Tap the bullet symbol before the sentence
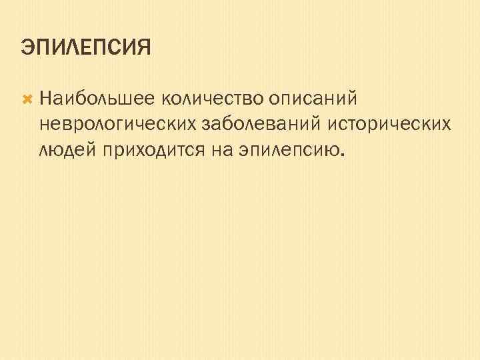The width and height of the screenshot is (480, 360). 27,99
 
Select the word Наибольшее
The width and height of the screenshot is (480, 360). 97,99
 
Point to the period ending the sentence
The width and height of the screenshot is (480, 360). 344,153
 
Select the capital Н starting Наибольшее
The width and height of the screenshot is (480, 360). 46,99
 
